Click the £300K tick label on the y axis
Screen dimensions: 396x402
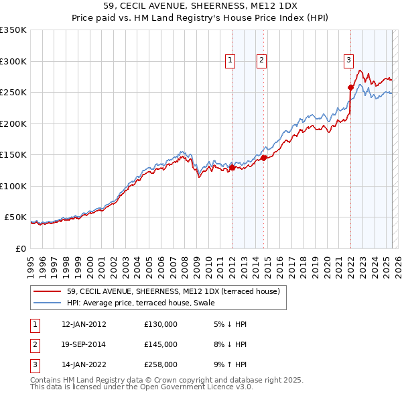point(13,61)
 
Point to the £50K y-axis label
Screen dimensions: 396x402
point(15,217)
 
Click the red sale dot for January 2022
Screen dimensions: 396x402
point(350,87)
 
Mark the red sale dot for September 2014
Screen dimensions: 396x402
point(264,158)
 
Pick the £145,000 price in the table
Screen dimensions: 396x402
point(161,344)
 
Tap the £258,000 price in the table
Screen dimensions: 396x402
point(161,365)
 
